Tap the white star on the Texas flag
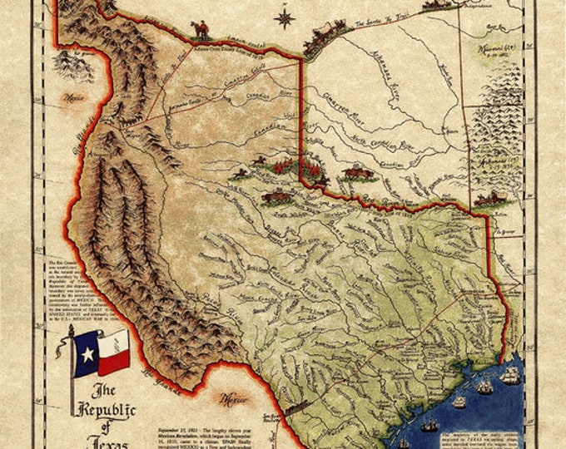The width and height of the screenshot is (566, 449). [87, 354]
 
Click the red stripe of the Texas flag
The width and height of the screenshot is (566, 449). [116, 361]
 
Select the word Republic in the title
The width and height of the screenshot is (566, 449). [107, 410]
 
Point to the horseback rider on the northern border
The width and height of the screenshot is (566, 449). [200, 30]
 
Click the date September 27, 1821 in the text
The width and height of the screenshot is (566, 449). [179, 409]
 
